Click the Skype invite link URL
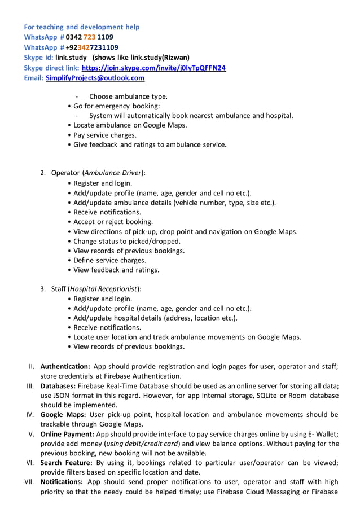click(x=153, y=68)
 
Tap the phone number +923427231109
click(x=92, y=47)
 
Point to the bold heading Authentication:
click(x=65, y=366)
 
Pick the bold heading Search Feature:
click(x=66, y=463)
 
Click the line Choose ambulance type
click(x=128, y=96)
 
